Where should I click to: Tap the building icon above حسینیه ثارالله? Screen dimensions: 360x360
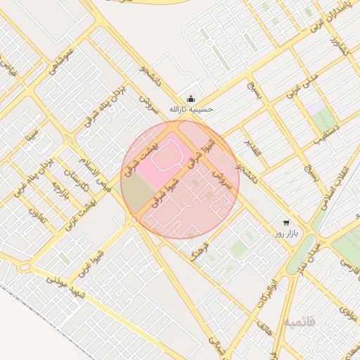click(191, 98)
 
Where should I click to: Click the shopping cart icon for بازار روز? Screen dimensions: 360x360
click(285, 221)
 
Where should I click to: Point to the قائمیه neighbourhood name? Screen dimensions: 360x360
click(299, 323)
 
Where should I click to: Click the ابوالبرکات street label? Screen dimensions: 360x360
click(263, 288)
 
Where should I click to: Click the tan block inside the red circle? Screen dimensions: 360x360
click(136, 194)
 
